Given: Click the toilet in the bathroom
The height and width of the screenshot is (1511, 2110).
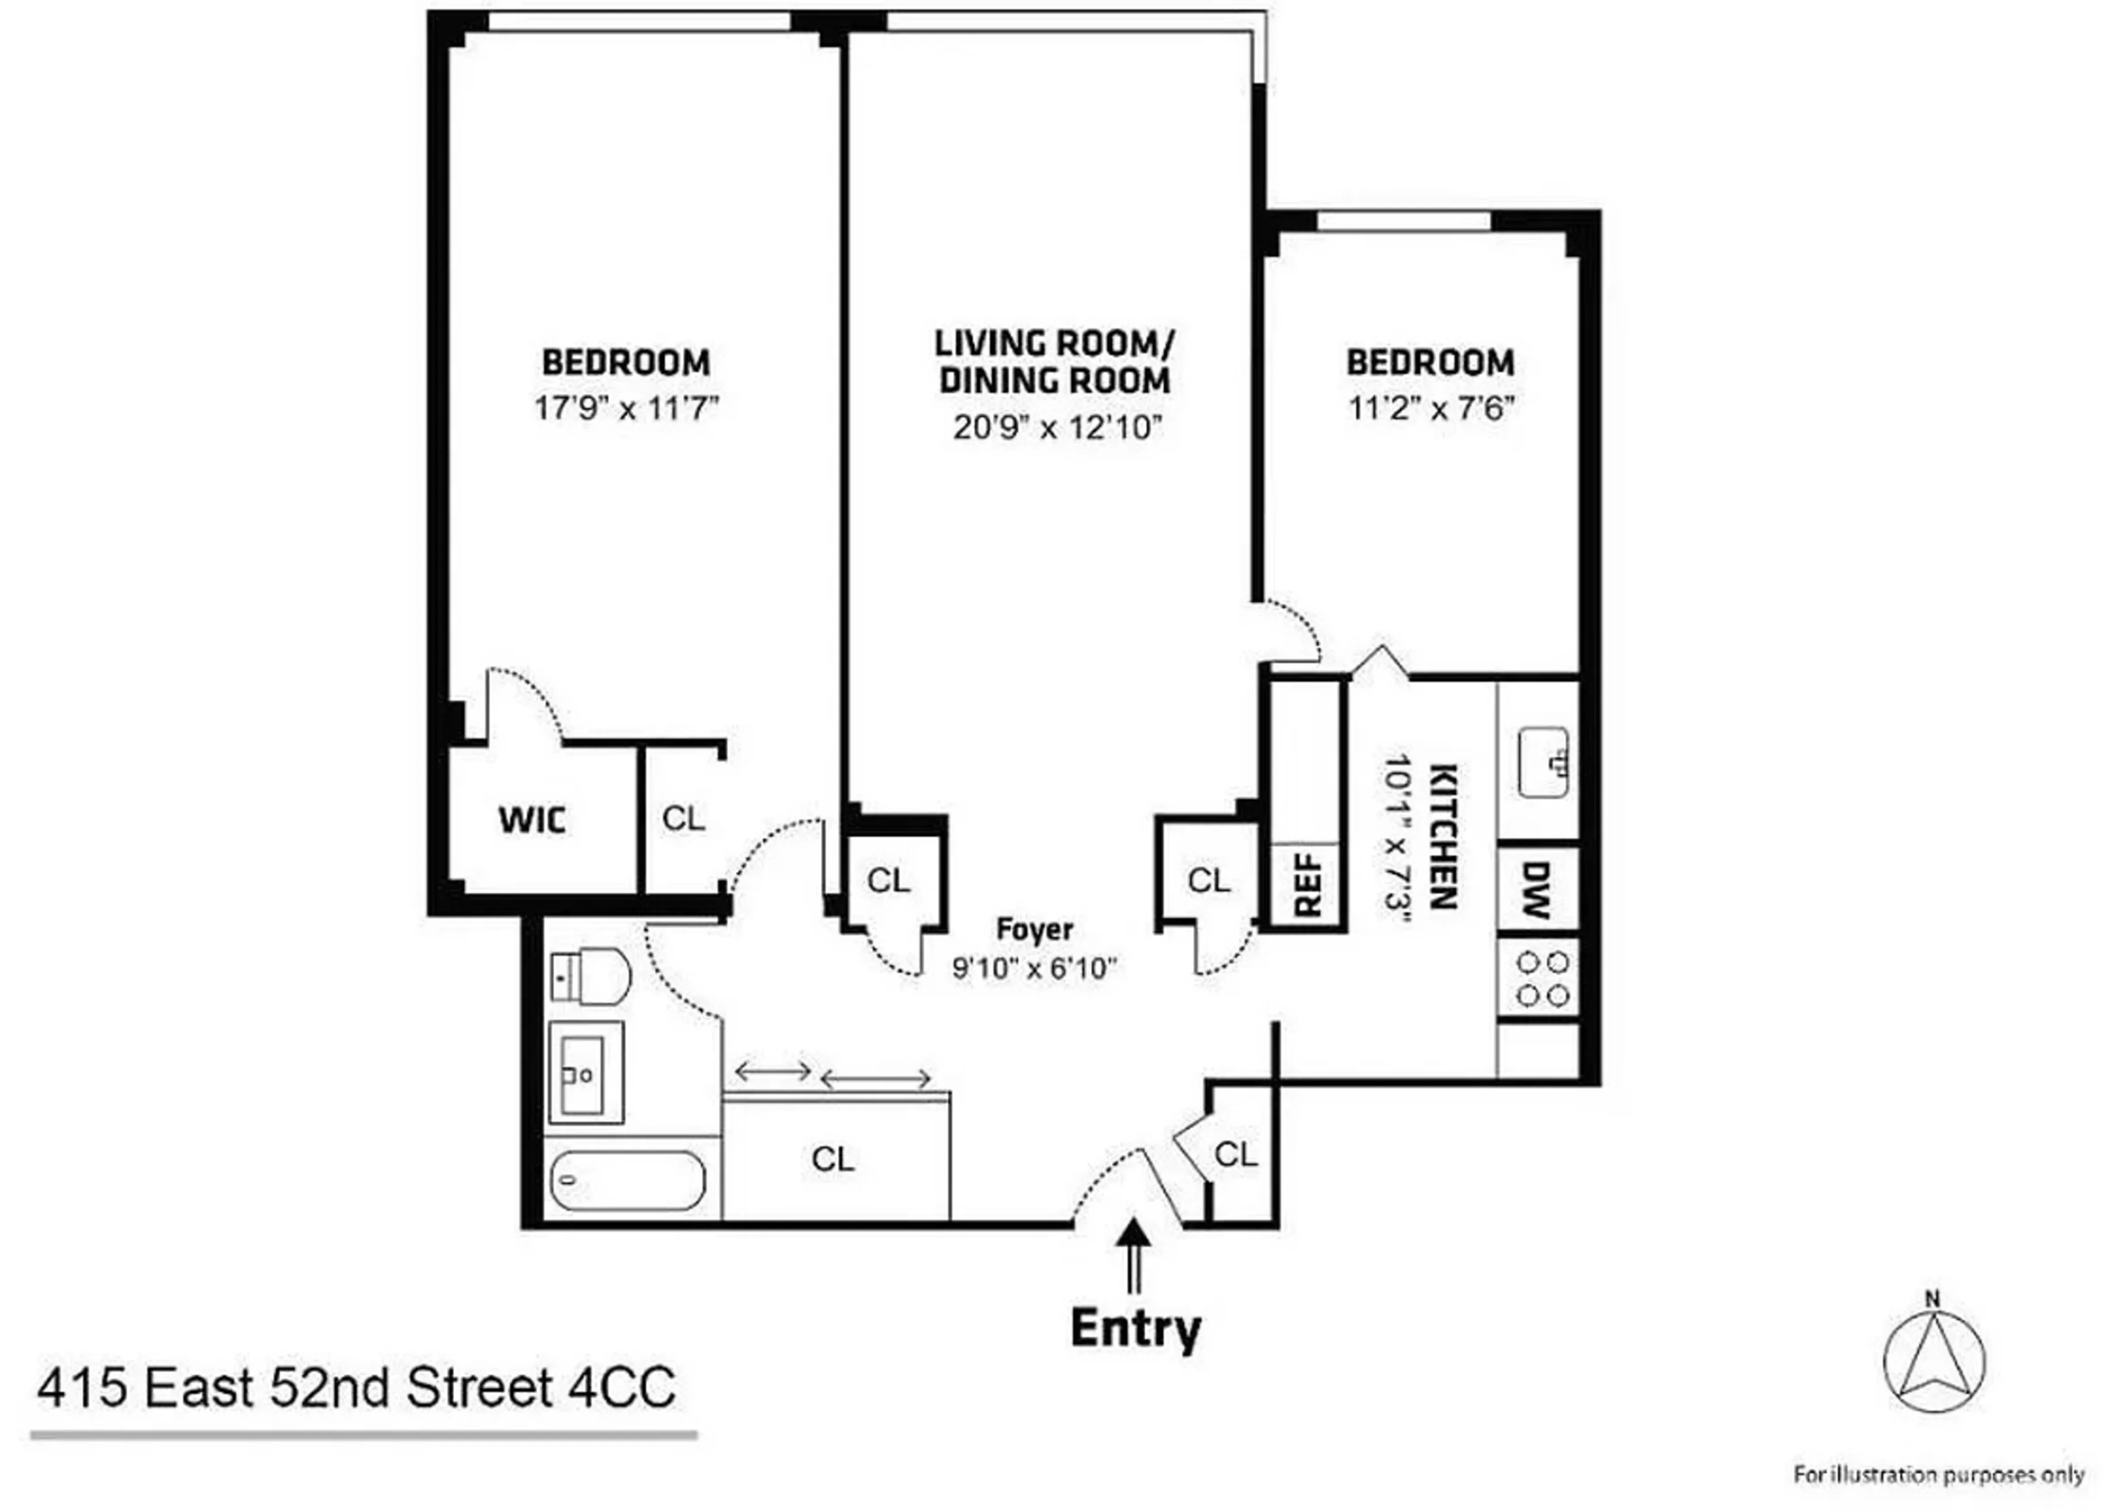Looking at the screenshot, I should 590,977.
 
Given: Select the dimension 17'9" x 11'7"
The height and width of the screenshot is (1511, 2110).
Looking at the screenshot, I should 626,408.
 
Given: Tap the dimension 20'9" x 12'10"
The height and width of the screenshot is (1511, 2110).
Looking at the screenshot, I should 1058,427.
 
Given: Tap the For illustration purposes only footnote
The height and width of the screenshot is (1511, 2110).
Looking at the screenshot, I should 1939,1475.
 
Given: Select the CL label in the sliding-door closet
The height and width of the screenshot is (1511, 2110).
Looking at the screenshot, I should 832,1159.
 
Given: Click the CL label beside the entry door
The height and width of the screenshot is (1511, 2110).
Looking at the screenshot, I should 1235,1155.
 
